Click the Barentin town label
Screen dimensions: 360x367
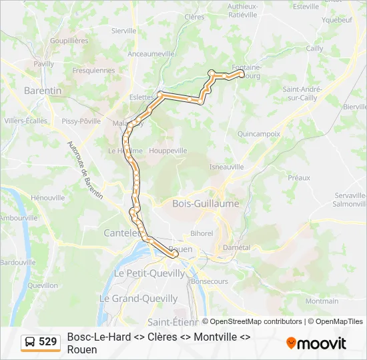click(x=43, y=90)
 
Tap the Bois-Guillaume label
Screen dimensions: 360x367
click(x=205, y=204)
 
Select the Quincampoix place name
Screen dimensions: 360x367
click(x=258, y=133)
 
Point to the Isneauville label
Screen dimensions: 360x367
click(x=226, y=167)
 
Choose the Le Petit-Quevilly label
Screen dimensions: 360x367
click(x=149, y=273)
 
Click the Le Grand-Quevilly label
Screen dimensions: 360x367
click(x=139, y=299)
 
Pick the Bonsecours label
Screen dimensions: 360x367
click(x=209, y=281)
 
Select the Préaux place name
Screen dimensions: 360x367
click(x=299, y=177)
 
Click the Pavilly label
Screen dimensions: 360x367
click(x=43, y=64)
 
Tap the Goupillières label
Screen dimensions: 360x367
click(x=69, y=40)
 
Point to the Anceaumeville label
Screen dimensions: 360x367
click(x=151, y=54)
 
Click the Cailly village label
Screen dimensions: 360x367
click(x=314, y=48)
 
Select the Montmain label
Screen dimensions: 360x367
click(x=322, y=301)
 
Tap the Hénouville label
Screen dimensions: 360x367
click(x=47, y=197)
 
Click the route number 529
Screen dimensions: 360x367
click(x=47, y=342)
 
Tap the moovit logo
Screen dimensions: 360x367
click(x=316, y=343)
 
